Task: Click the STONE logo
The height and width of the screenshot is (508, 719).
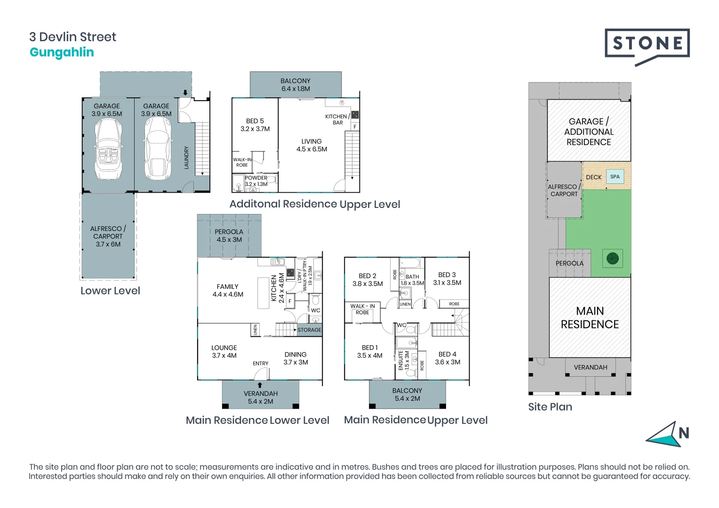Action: click(647, 45)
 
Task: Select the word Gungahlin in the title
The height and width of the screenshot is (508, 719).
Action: click(62, 52)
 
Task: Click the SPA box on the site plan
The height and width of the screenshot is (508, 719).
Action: click(615, 177)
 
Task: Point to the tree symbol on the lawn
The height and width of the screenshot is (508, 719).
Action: click(612, 258)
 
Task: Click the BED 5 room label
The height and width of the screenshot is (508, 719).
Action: click(255, 125)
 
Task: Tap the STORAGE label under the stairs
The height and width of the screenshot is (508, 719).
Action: click(309, 330)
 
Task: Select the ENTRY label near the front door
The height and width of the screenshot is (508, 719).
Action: click(260, 364)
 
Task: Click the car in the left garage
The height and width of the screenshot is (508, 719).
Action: click(108, 149)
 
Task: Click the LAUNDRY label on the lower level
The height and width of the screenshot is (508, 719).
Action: click(186, 158)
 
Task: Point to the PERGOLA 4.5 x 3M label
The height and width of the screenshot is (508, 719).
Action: click(229, 236)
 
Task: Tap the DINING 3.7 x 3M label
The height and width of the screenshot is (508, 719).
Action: click(296, 358)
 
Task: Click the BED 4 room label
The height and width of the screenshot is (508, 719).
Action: click(447, 358)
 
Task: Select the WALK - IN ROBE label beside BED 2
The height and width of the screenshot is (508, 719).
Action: click(362, 309)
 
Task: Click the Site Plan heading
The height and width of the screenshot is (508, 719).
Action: click(550, 407)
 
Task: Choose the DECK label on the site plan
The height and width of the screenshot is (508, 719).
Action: click(593, 177)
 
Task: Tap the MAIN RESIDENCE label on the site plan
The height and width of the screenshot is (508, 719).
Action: click(590, 317)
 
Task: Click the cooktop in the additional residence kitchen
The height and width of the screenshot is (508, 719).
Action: click(355, 114)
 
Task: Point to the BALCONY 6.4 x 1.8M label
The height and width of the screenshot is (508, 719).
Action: click(296, 85)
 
